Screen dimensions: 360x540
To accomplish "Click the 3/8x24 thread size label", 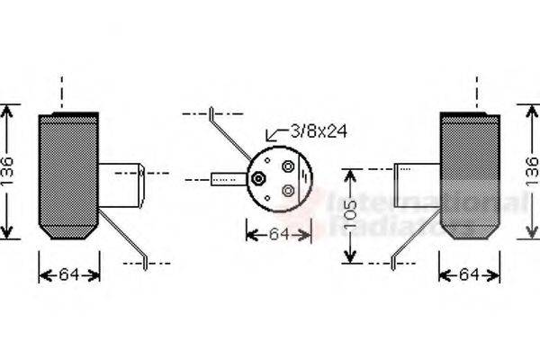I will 317,131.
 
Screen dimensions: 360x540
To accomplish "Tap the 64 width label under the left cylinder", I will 69,274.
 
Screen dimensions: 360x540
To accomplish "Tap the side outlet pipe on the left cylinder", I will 121,184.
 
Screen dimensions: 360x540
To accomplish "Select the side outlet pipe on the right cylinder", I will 418,184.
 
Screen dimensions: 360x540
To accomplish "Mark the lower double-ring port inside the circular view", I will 288,190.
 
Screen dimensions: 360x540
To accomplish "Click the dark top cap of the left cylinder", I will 68,116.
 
